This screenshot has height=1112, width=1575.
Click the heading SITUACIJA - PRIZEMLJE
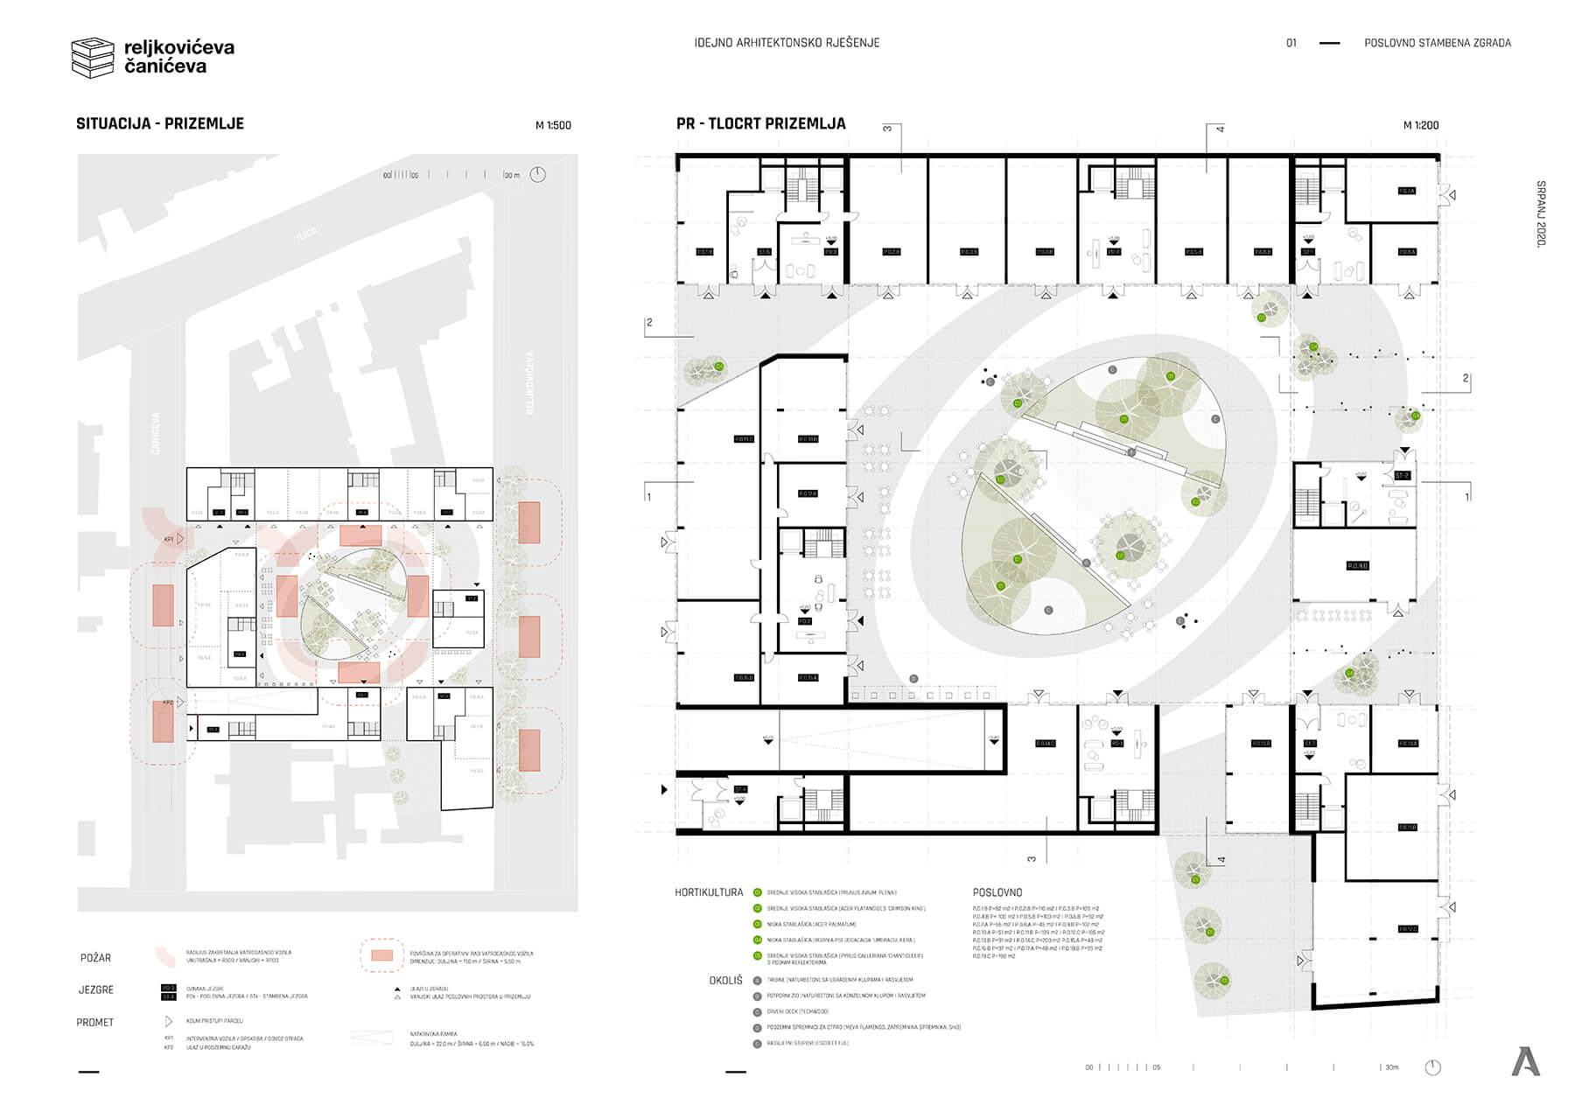pyautogui.click(x=160, y=124)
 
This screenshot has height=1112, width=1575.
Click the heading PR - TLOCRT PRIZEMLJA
pyautogui.click(x=760, y=124)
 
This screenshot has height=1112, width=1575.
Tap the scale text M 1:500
pyautogui.click(x=553, y=126)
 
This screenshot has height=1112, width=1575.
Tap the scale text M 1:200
pyautogui.click(x=1421, y=126)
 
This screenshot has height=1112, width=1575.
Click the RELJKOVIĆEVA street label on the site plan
pyautogui.click(x=529, y=383)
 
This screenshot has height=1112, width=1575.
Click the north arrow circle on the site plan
pyautogui.click(x=537, y=174)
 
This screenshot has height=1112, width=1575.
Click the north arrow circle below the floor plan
pyautogui.click(x=1432, y=1067)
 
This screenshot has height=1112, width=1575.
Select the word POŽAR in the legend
pyautogui.click(x=95, y=958)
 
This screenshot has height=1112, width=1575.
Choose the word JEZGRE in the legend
pyautogui.click(x=96, y=990)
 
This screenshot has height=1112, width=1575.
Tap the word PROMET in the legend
pyautogui.click(x=95, y=1023)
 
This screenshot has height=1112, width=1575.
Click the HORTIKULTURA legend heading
pyautogui.click(x=709, y=893)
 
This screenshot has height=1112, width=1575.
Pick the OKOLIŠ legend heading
pyautogui.click(x=725, y=981)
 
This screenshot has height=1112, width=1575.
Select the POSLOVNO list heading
pyautogui.click(x=997, y=893)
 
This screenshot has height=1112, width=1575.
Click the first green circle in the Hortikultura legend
pyautogui.click(x=757, y=893)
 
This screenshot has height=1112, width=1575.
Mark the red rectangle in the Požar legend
pyautogui.click(x=381, y=955)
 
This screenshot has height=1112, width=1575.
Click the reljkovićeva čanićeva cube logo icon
pyautogui.click(x=93, y=57)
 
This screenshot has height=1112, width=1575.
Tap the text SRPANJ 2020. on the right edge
pyautogui.click(x=1541, y=213)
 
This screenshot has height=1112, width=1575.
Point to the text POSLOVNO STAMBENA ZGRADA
pyautogui.click(x=1437, y=43)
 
